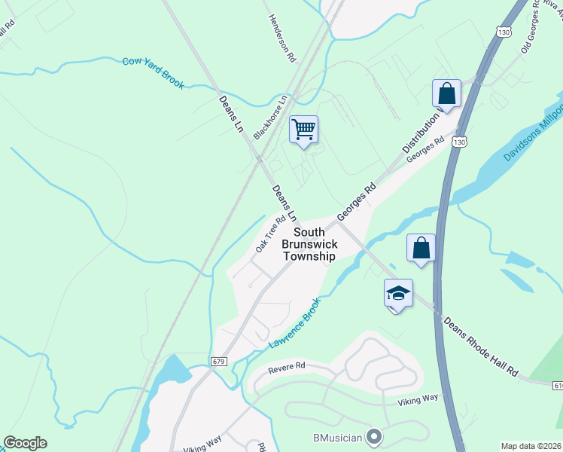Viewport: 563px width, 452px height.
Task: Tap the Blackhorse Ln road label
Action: click(x=271, y=117)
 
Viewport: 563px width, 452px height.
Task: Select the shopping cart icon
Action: click(x=303, y=129)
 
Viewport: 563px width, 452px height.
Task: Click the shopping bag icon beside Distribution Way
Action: click(x=446, y=94)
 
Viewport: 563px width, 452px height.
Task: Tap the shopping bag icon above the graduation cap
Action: click(x=421, y=248)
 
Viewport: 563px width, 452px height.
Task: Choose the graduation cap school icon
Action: click(x=398, y=293)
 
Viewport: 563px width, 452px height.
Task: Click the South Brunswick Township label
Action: click(x=309, y=244)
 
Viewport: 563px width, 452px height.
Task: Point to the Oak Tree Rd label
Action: click(x=270, y=234)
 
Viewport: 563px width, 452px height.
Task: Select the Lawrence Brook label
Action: click(x=294, y=322)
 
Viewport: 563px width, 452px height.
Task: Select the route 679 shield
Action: click(x=219, y=362)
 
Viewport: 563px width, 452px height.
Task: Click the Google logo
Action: click(x=25, y=443)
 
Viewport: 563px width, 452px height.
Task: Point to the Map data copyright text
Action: click(x=530, y=446)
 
